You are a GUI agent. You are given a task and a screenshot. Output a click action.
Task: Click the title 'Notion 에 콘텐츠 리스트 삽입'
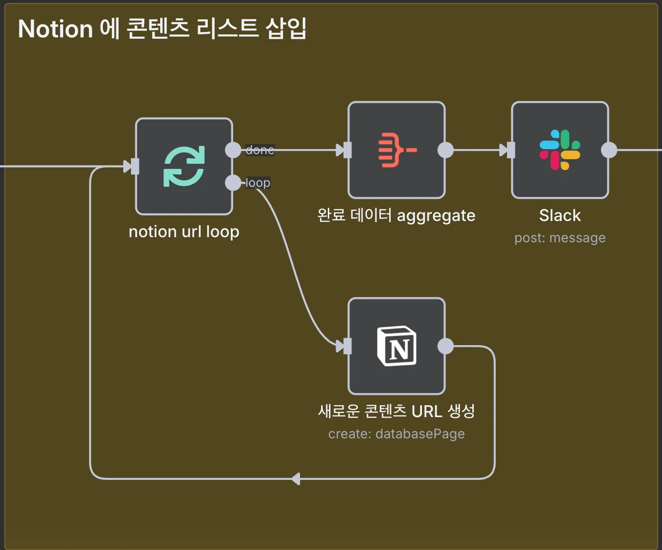pyautogui.click(x=162, y=29)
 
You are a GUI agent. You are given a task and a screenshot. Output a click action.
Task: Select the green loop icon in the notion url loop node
pyautogui.click(x=184, y=167)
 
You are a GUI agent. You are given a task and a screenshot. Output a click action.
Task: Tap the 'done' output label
pyautogui.click(x=260, y=150)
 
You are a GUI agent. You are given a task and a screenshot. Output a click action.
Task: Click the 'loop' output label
pyautogui.click(x=258, y=183)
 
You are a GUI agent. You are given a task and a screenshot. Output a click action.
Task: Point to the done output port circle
pyautogui.click(x=233, y=150)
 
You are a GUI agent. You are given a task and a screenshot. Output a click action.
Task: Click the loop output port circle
pyautogui.click(x=233, y=183)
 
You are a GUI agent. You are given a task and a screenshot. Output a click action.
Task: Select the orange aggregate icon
pyautogui.click(x=397, y=150)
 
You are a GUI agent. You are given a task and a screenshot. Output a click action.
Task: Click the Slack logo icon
pyautogui.click(x=560, y=150)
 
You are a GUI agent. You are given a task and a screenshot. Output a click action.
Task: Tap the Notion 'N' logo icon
pyautogui.click(x=397, y=346)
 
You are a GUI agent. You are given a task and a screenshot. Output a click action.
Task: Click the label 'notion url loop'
pyautogui.click(x=184, y=232)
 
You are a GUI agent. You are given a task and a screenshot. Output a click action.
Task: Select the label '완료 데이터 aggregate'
pyautogui.click(x=396, y=215)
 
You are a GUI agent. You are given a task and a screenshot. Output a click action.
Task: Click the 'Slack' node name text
pyautogui.click(x=560, y=215)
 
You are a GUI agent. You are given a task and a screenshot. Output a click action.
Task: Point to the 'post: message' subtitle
pyautogui.click(x=560, y=238)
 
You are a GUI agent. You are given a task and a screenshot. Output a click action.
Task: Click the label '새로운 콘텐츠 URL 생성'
pyautogui.click(x=396, y=411)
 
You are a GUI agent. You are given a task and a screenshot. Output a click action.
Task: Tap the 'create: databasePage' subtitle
pyautogui.click(x=396, y=434)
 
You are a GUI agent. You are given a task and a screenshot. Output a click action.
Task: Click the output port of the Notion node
pyautogui.click(x=445, y=346)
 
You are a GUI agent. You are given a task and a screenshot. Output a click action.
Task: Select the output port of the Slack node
pyautogui.click(x=609, y=150)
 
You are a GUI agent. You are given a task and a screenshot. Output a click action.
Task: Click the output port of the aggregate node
pyautogui.click(x=445, y=150)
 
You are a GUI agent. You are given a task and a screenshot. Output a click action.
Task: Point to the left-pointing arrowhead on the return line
pyautogui.click(x=296, y=479)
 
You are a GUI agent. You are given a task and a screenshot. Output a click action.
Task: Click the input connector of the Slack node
pyautogui.click(x=510, y=150)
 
